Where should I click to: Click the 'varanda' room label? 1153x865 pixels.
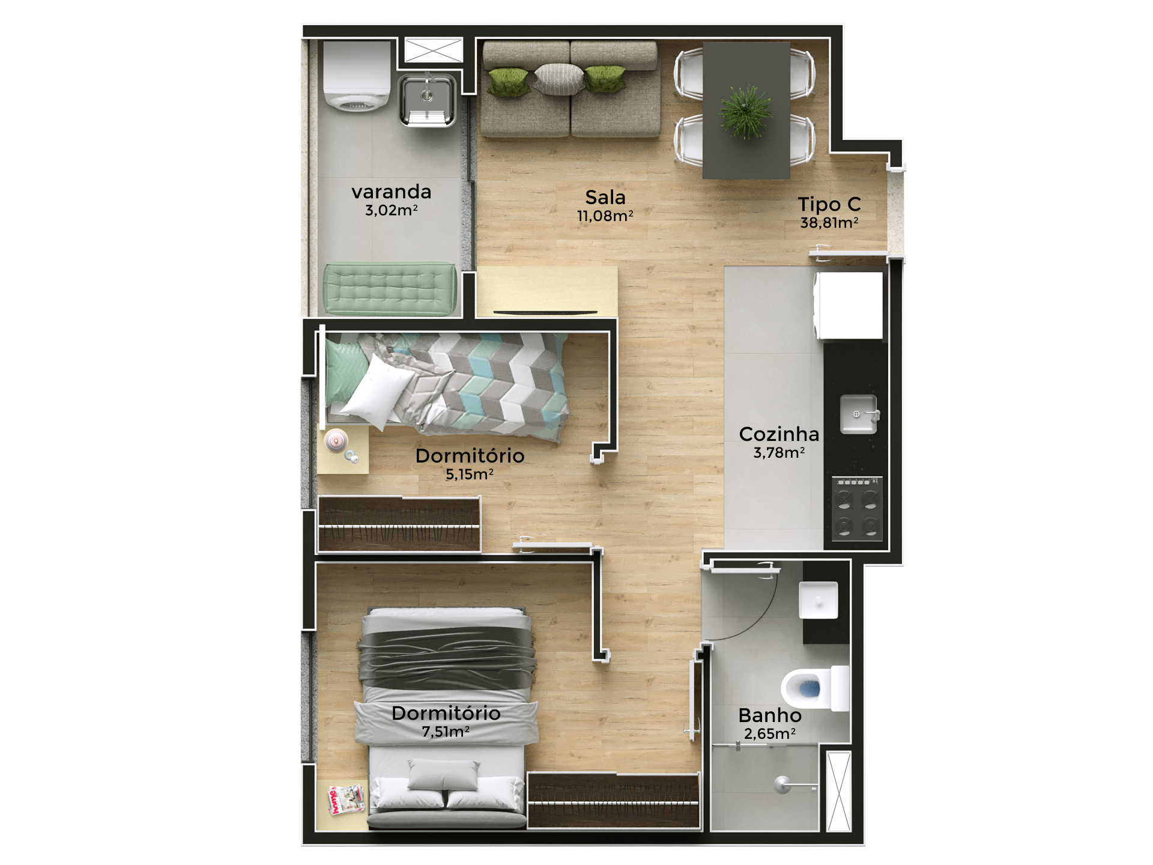tap(391, 192)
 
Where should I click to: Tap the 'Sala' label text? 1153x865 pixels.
tap(605, 198)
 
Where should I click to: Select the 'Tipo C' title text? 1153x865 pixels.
tap(829, 205)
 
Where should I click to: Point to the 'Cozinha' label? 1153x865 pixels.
tap(779, 434)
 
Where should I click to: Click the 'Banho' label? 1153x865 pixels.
tap(770, 715)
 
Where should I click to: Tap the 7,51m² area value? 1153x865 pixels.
tap(446, 732)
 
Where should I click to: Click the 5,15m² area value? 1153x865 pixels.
tap(470, 475)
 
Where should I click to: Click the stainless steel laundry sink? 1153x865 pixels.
tap(427, 99)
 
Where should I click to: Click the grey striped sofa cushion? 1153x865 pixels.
tap(558, 79)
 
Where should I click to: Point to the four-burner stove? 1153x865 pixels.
tap(856, 508)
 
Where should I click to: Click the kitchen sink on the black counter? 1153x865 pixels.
tap(858, 414)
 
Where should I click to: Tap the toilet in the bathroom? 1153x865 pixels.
tap(811, 688)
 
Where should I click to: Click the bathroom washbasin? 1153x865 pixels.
tap(818, 599)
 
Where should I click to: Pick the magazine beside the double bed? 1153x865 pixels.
tap(346, 799)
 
